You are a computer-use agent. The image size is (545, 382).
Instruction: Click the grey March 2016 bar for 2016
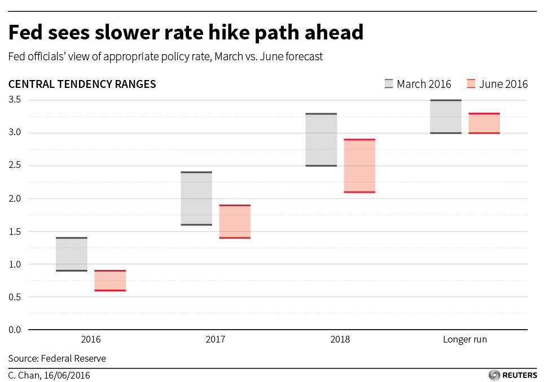pos(72,254)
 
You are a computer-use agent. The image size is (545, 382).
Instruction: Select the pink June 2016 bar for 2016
pos(109,281)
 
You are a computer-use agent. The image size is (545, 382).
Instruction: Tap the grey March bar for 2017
pos(196,198)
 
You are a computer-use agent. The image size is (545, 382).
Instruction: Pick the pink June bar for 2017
pos(235,221)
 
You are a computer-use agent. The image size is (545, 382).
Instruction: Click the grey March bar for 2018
pos(321,140)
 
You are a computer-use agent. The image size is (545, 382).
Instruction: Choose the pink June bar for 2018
pos(359,166)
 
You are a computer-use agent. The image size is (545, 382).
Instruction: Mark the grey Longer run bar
pos(446,117)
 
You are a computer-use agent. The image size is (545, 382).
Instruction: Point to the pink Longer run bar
pos(484,123)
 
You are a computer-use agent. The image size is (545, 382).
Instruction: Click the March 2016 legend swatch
pos(389,84)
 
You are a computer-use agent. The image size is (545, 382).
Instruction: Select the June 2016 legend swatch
pos(472,84)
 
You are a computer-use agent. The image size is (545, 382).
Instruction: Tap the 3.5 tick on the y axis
pos(15,100)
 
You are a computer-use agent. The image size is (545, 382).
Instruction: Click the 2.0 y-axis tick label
pos(15,198)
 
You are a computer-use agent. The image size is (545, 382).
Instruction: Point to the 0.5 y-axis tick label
pos(15,297)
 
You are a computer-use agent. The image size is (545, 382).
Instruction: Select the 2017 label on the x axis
pos(216,340)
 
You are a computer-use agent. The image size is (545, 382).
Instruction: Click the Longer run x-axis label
pos(465,340)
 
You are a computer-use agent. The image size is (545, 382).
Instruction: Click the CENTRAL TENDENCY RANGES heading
pos(82,85)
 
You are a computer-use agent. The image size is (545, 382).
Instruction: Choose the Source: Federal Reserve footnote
pos(57,358)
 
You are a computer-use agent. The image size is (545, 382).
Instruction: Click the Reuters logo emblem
pos(494,375)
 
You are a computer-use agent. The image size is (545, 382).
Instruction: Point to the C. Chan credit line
pos(49,375)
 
